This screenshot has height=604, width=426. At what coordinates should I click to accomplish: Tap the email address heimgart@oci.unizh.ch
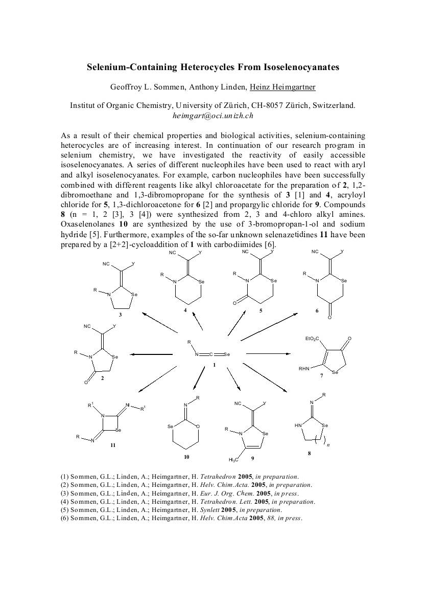213,115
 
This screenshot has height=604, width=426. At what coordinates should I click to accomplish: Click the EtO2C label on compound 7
311,339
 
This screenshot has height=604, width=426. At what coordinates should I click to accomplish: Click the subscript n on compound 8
328,445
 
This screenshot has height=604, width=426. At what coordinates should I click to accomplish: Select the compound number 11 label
113,445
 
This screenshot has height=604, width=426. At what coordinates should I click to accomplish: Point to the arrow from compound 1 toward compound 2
152,354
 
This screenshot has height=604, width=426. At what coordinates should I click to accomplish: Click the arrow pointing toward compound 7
268,353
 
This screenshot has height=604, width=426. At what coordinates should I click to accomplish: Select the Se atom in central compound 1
227,354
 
